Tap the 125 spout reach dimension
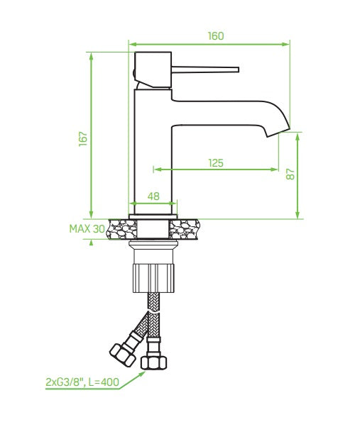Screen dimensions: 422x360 point(215,162)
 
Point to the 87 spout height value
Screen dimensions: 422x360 point(289,174)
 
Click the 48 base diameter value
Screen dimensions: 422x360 point(153,196)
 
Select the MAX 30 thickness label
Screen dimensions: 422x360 point(87,228)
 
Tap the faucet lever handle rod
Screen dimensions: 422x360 point(206,70)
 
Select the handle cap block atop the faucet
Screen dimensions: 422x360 point(153,70)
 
